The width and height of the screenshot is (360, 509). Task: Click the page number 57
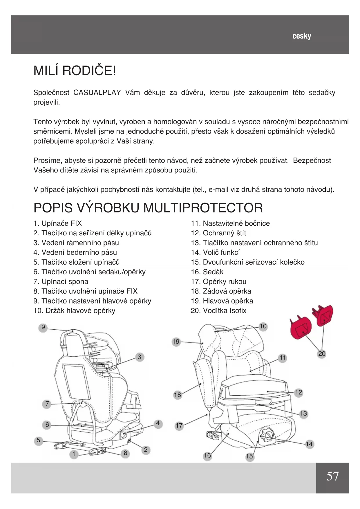coord(332,476)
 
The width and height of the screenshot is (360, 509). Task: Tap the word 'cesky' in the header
coord(302,36)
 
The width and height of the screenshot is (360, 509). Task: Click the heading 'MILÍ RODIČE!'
coord(75,71)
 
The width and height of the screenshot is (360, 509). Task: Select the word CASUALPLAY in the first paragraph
coord(97,93)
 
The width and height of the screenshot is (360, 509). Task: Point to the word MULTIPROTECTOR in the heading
coord(203,208)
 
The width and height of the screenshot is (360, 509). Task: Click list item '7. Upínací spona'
coord(61,281)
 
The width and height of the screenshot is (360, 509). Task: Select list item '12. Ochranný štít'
coord(218,233)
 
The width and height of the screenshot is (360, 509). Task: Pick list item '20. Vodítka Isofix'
coord(218,311)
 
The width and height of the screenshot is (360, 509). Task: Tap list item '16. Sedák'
coord(207,272)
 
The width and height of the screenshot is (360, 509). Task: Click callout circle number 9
coord(43,327)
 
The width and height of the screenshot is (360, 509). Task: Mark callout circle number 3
coord(139,357)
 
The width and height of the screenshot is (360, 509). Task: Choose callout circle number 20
coord(322,353)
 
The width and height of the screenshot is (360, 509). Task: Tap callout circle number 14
coord(309,444)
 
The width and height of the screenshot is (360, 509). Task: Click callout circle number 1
coord(74,454)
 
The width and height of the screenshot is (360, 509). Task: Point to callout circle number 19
coord(176,342)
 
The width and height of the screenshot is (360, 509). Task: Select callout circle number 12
coord(299,393)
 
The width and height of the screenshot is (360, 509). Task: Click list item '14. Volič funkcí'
coord(215,252)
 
